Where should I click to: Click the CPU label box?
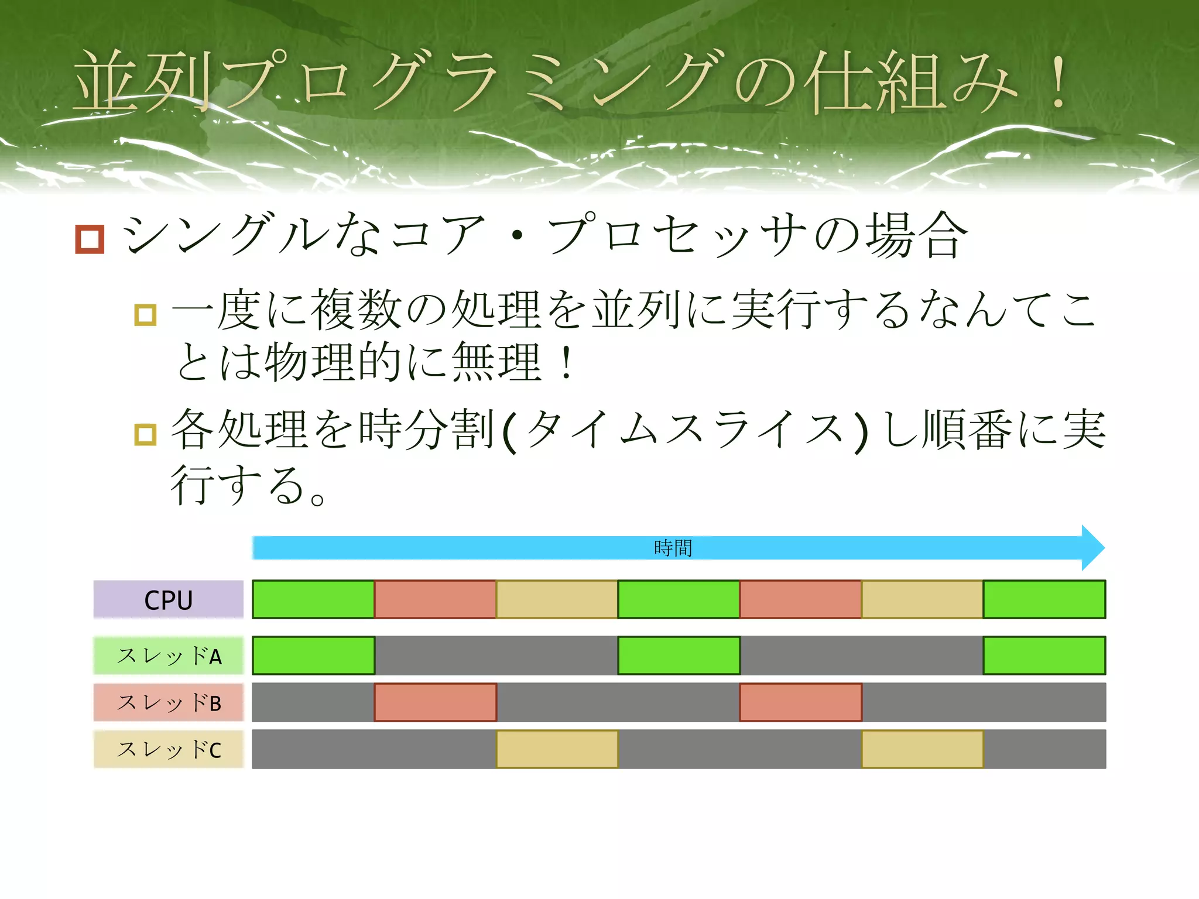point(169,599)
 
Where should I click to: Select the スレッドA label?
point(169,656)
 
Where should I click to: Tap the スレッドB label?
point(169,702)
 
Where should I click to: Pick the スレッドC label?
point(169,749)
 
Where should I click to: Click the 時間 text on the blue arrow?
point(673,548)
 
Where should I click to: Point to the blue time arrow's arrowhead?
point(1092,548)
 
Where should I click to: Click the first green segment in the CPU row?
point(313,599)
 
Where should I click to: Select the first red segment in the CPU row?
point(435,599)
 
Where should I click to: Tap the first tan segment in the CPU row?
point(557,599)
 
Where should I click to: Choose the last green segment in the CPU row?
point(1044,599)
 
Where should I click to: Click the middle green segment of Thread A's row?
point(679,656)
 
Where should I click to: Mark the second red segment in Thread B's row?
point(800,702)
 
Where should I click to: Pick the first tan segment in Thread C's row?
point(557,749)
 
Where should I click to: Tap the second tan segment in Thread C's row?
point(922,749)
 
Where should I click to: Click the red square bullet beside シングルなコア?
point(90,239)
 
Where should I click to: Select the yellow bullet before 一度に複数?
point(145,315)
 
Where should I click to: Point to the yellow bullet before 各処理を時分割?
point(145,434)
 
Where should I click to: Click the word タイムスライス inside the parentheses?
point(685,430)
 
